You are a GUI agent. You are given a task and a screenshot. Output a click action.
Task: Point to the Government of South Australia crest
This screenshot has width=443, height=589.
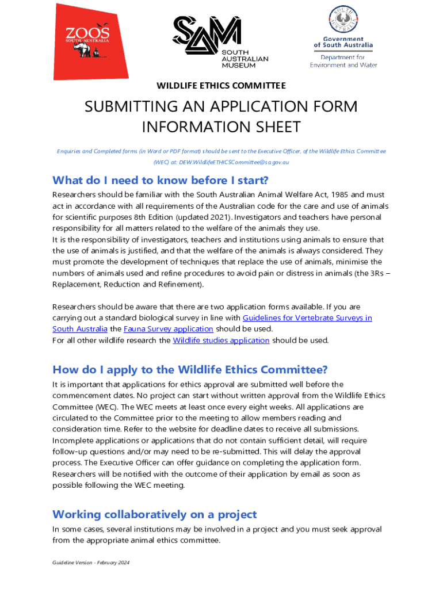click(343, 20)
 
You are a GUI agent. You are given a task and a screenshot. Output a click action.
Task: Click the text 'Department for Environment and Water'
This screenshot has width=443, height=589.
click(343, 61)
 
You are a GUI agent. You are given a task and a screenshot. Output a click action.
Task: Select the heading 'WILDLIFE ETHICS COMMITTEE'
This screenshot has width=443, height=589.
click(221, 86)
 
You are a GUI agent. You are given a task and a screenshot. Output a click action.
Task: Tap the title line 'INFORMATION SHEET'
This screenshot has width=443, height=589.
click(221, 126)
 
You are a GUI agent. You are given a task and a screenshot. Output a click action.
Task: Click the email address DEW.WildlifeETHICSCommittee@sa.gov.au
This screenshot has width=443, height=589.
click(234, 162)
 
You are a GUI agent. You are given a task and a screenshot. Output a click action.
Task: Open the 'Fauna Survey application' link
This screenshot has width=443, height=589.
click(169, 329)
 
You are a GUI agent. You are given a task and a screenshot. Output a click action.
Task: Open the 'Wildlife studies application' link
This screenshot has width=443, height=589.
click(221, 340)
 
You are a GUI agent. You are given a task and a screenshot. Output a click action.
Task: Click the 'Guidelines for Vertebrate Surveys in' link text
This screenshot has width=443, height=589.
click(307, 318)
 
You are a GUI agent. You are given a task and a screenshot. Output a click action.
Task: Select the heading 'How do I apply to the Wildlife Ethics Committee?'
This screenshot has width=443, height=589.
click(190, 369)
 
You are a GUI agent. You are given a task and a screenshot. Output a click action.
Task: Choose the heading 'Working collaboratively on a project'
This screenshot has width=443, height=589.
click(154, 514)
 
